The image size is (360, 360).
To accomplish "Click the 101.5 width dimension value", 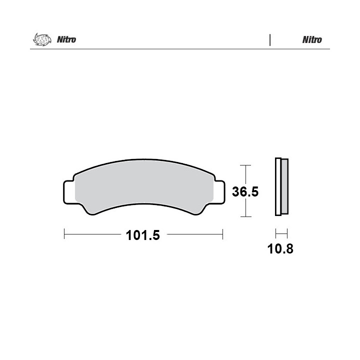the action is (x=142, y=235).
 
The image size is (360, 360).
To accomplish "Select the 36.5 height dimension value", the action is (x=245, y=191).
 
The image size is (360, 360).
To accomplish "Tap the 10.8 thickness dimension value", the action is (x=280, y=249).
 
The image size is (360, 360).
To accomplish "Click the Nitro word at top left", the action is (x=66, y=39).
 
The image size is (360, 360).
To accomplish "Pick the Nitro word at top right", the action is (x=312, y=39).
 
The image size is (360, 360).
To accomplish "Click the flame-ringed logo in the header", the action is (x=42, y=39).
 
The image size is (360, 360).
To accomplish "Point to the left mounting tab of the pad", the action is (x=69, y=192).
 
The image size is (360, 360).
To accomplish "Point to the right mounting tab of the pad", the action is (x=219, y=192).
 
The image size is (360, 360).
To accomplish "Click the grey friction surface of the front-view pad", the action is (x=144, y=183).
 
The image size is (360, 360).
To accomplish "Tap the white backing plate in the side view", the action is (x=278, y=186).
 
